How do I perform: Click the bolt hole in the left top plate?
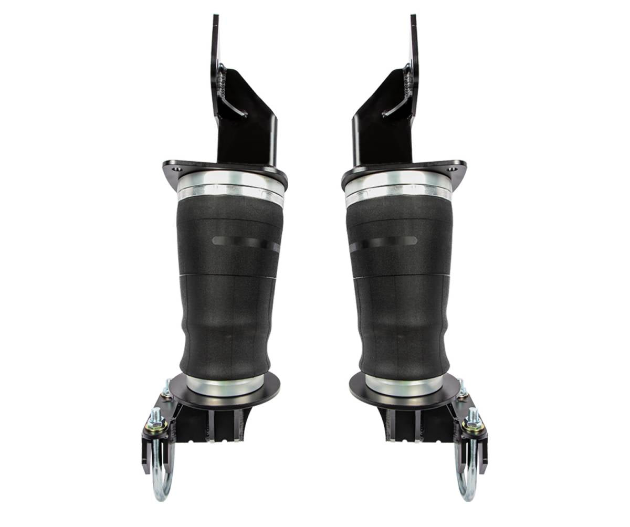click(175, 170)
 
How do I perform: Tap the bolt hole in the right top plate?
click(454, 170)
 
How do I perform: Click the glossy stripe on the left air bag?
click(244, 243)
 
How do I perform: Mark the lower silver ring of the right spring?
click(404, 386)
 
